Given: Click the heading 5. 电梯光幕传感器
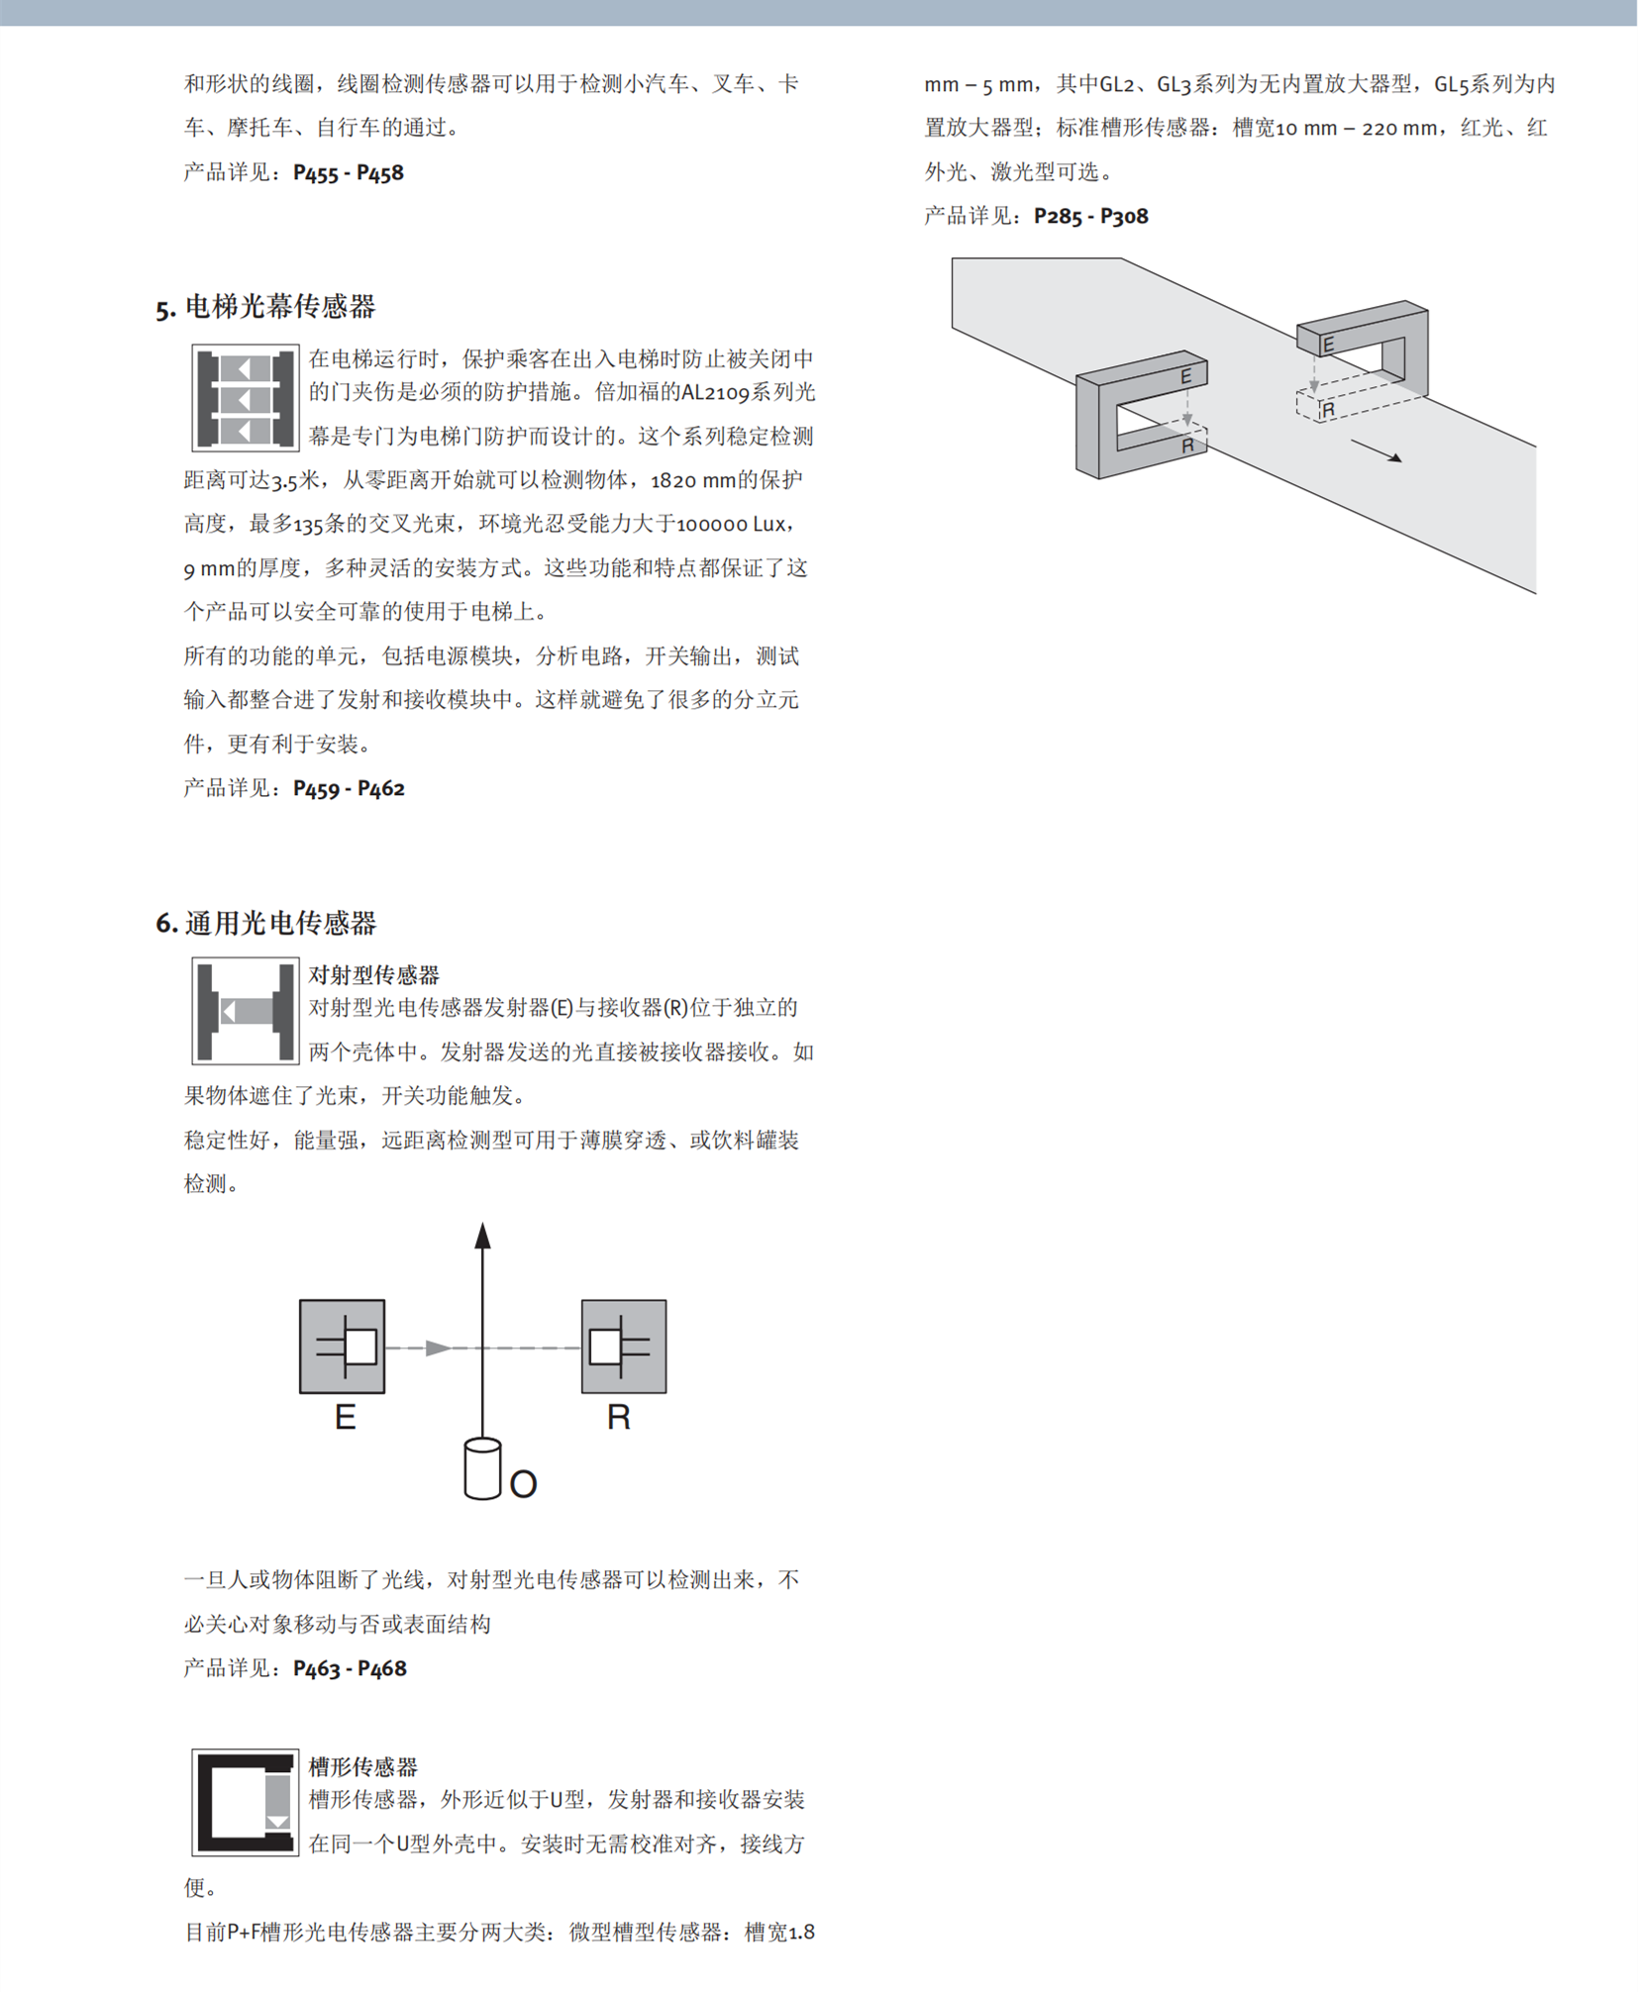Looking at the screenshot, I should click(265, 307).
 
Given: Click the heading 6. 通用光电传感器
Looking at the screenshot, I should click(265, 924).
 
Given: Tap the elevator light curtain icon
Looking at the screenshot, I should click(246, 398).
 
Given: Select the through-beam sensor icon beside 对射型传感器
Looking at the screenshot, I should click(246, 1011).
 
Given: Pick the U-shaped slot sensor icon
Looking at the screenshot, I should click(246, 1803).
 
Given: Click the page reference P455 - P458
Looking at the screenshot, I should click(349, 173).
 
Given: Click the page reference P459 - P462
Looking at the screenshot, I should click(349, 789).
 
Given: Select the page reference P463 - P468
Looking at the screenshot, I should click(350, 1668).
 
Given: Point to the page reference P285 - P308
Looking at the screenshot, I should click(1090, 217).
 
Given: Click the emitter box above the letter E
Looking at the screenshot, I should click(343, 1346).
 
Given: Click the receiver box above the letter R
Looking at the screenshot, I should click(624, 1346).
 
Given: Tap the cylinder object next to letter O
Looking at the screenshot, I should click(482, 1469).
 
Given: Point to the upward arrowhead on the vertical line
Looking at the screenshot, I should click(483, 1236).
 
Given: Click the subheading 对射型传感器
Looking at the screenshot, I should click(373, 975).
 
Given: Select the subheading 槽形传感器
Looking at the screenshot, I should click(362, 1767).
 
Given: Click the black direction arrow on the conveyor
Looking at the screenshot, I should click(1378, 451).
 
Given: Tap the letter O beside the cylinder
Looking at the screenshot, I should click(523, 1484).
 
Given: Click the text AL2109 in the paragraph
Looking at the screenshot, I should click(714, 393).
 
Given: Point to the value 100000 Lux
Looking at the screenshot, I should click(731, 525).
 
